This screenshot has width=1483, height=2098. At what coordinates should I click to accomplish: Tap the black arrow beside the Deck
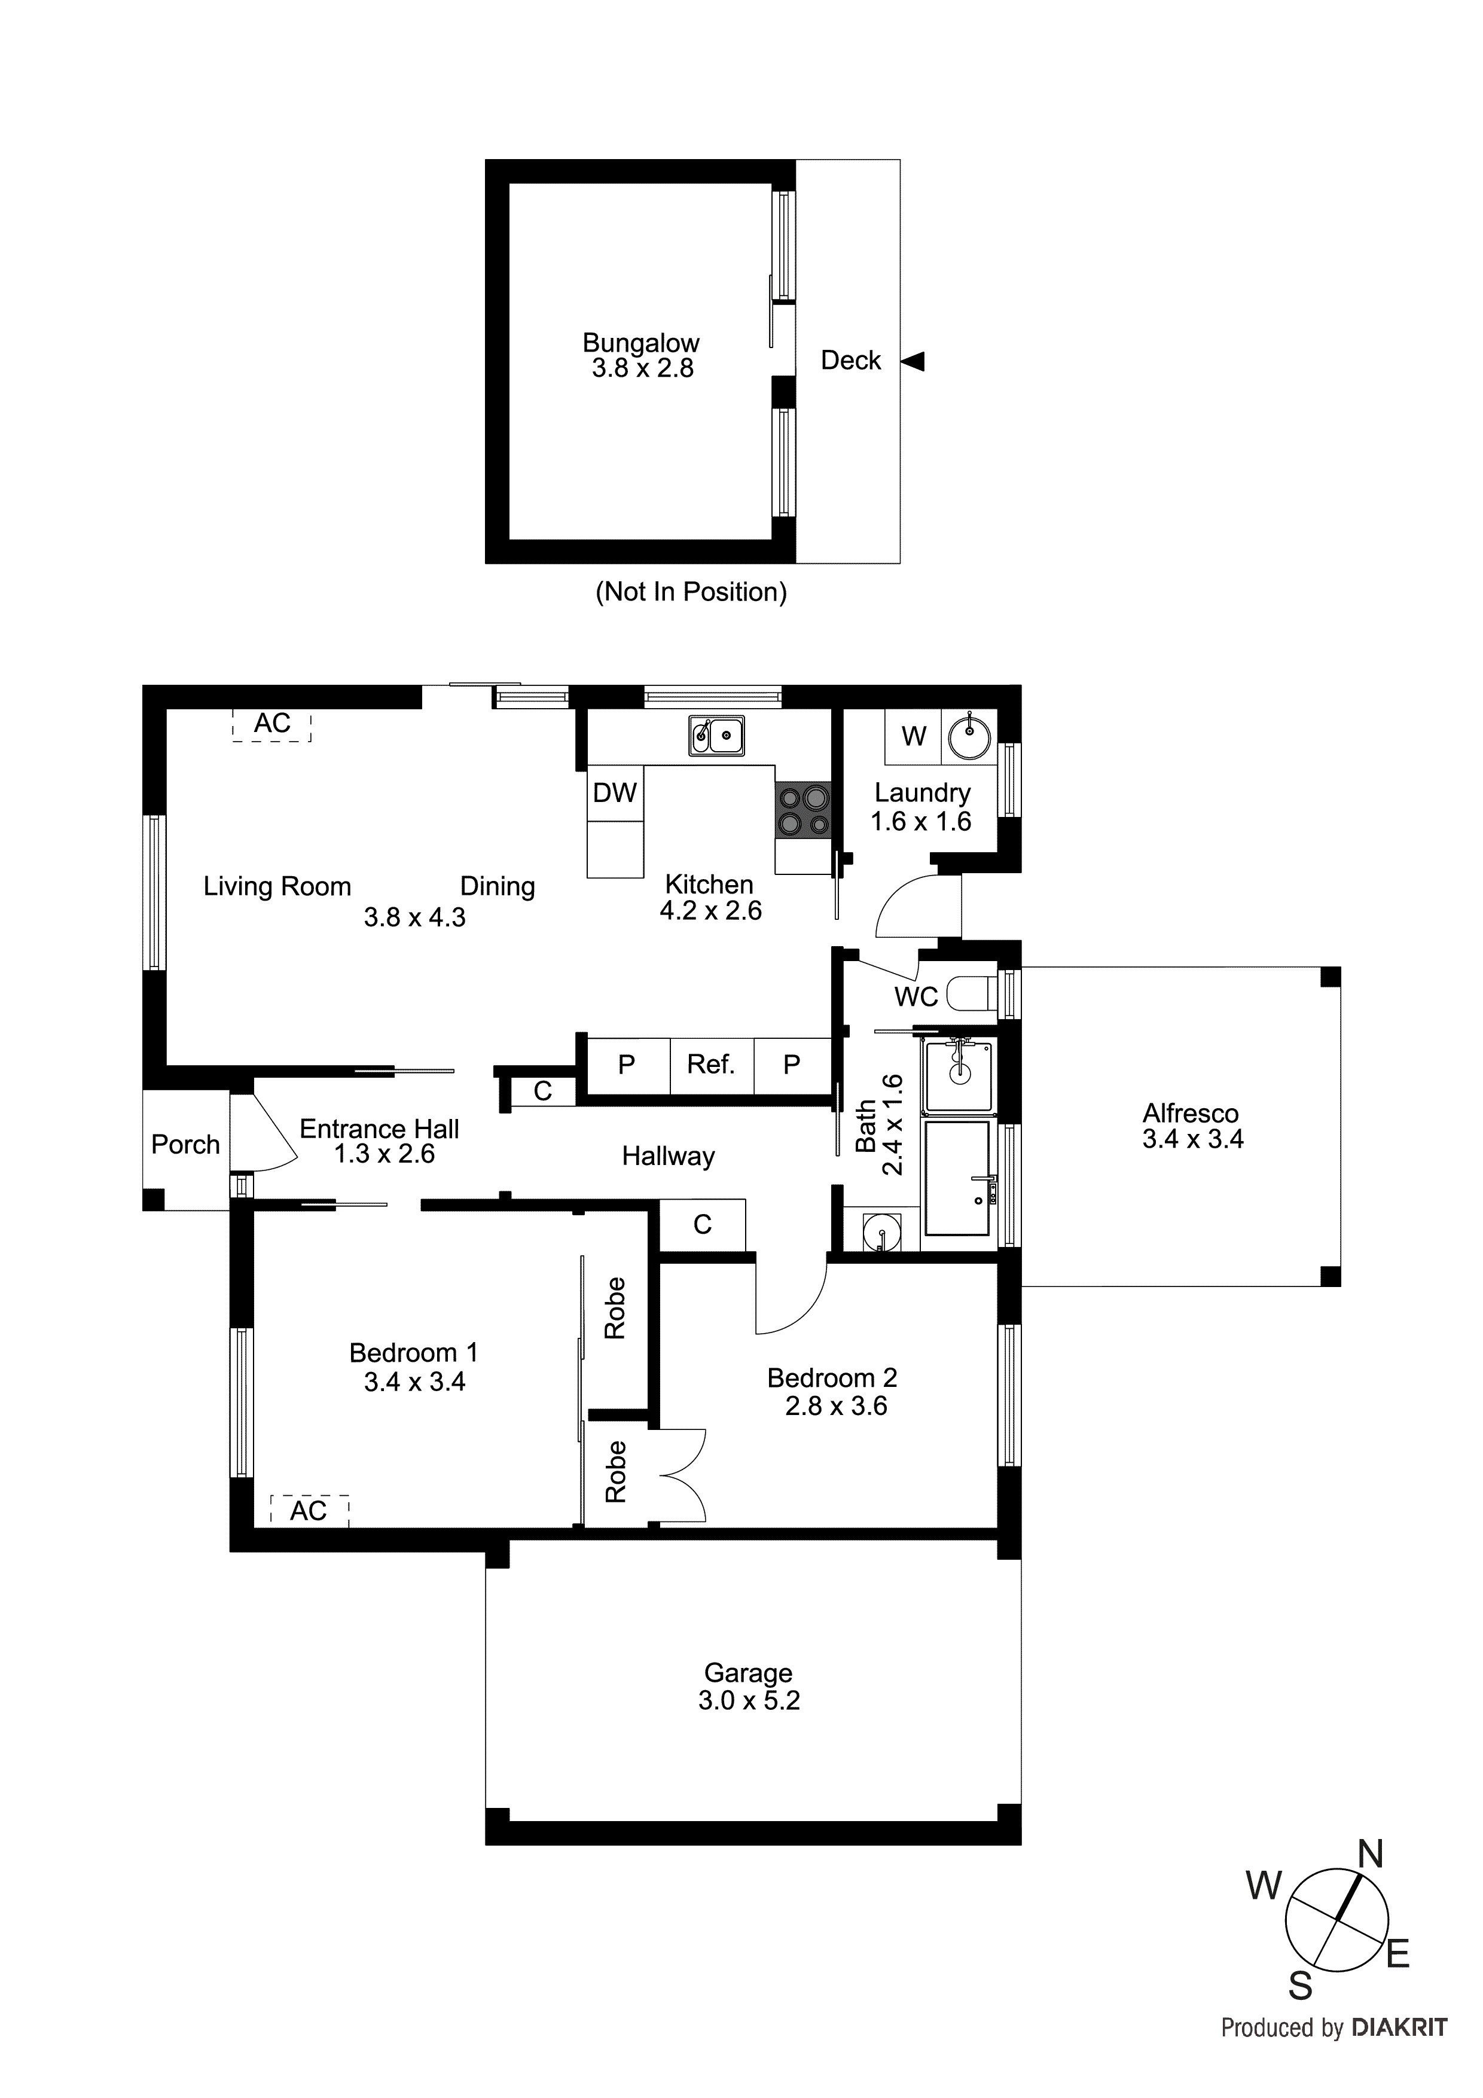[x=913, y=361]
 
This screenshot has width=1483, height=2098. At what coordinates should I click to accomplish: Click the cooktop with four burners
[x=803, y=810]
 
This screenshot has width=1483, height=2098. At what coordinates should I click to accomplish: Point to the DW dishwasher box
[x=615, y=793]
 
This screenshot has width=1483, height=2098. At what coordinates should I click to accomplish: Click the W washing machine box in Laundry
[x=913, y=736]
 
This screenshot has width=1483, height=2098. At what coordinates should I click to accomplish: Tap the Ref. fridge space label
[x=711, y=1063]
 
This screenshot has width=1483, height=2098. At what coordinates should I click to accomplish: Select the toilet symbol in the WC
[x=971, y=994]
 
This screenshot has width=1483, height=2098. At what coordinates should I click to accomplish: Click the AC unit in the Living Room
[x=272, y=725]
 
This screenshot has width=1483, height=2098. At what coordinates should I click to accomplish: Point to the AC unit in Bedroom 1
[x=309, y=1511]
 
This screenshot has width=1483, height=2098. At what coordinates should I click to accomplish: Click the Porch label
[x=185, y=1144]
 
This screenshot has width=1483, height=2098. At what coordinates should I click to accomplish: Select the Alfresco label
[x=1190, y=1113]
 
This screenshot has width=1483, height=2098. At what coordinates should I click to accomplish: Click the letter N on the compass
[x=1371, y=1855]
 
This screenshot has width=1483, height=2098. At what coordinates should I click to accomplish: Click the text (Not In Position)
[x=691, y=592]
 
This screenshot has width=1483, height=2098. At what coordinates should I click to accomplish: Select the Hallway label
[x=668, y=1157]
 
